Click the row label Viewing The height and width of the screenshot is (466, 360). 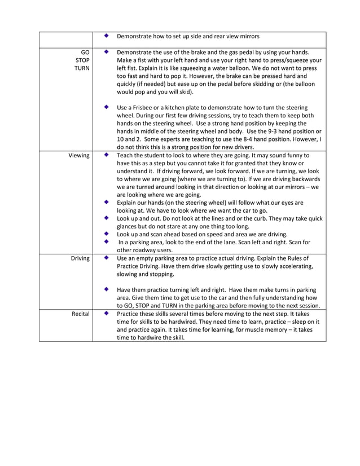click(x=79, y=155)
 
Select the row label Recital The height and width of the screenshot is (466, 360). click(x=80, y=313)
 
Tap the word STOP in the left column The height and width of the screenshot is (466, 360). click(x=81, y=60)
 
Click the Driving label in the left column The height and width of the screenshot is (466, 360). click(x=80, y=258)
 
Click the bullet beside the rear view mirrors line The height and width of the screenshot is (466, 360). click(x=107, y=36)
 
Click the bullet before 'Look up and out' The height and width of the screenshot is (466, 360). click(x=107, y=218)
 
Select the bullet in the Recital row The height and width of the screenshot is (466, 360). click(x=107, y=313)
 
